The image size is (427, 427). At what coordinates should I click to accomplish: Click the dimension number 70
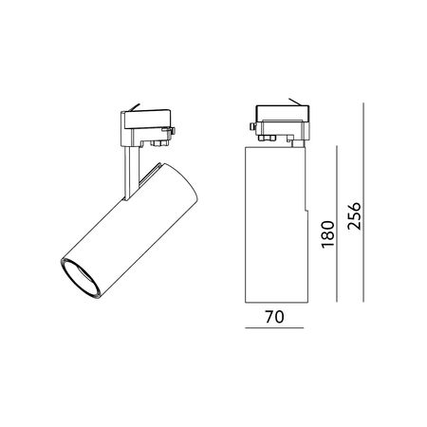tap(274, 317)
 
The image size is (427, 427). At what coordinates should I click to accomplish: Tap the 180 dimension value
tap(327, 234)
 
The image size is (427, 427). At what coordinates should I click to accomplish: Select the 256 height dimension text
tap(354, 215)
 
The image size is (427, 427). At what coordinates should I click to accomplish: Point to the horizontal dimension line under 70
tap(274, 327)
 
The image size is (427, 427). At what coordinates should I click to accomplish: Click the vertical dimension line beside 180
tap(337, 224)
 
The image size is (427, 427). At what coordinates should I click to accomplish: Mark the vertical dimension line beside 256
tap(363, 202)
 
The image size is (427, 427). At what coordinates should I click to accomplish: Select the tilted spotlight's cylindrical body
tap(130, 231)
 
